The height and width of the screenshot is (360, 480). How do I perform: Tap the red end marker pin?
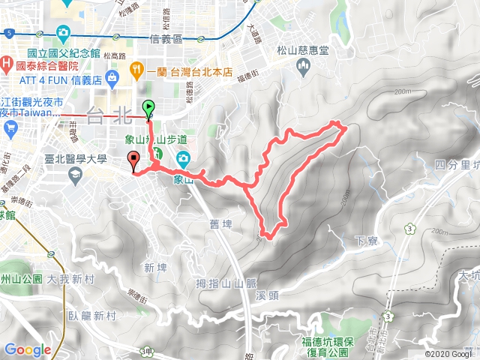134,159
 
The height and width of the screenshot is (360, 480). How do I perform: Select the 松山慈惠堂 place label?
303,50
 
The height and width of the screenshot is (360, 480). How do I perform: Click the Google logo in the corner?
27,349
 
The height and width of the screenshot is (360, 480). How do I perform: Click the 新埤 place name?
155,268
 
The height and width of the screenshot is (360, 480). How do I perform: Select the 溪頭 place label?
268,295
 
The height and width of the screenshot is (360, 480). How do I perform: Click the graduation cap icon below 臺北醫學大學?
75,174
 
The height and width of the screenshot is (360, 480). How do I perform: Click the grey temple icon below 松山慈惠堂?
303,69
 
